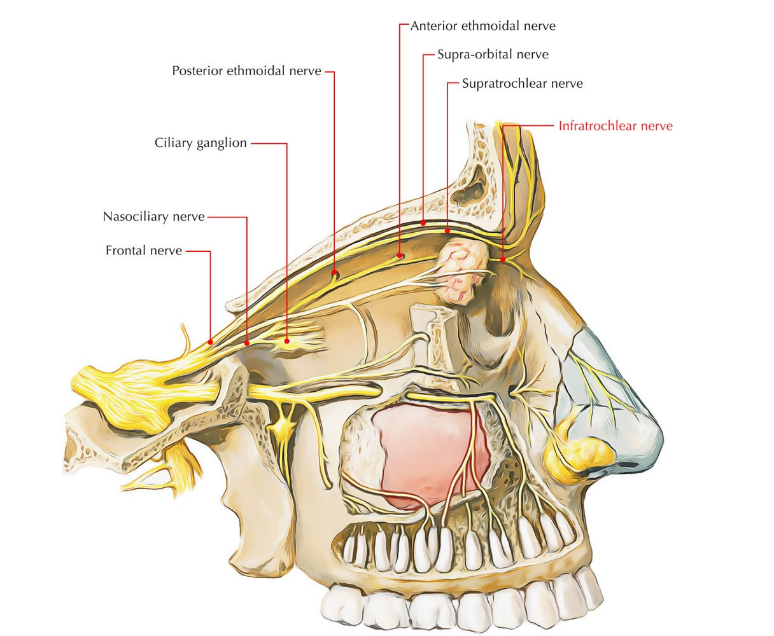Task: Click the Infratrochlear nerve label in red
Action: click(x=615, y=126)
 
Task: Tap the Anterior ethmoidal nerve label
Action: click(x=482, y=26)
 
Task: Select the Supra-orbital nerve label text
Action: click(x=492, y=55)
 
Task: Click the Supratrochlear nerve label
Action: click(x=522, y=83)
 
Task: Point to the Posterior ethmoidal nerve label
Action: click(x=246, y=71)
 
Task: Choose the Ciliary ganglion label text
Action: click(x=201, y=142)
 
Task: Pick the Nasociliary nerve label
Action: click(x=153, y=217)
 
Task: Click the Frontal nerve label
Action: click(x=144, y=251)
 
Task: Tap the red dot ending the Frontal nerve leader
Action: click(x=210, y=342)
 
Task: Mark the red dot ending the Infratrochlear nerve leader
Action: click(x=503, y=259)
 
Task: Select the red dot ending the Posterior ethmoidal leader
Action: click(x=334, y=273)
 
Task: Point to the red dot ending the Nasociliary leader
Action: click(x=247, y=343)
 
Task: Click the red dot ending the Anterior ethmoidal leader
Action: click(x=400, y=256)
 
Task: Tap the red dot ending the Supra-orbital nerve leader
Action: click(x=423, y=223)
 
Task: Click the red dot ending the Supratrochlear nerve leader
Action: click(x=447, y=231)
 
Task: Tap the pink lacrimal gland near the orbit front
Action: click(x=461, y=270)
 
